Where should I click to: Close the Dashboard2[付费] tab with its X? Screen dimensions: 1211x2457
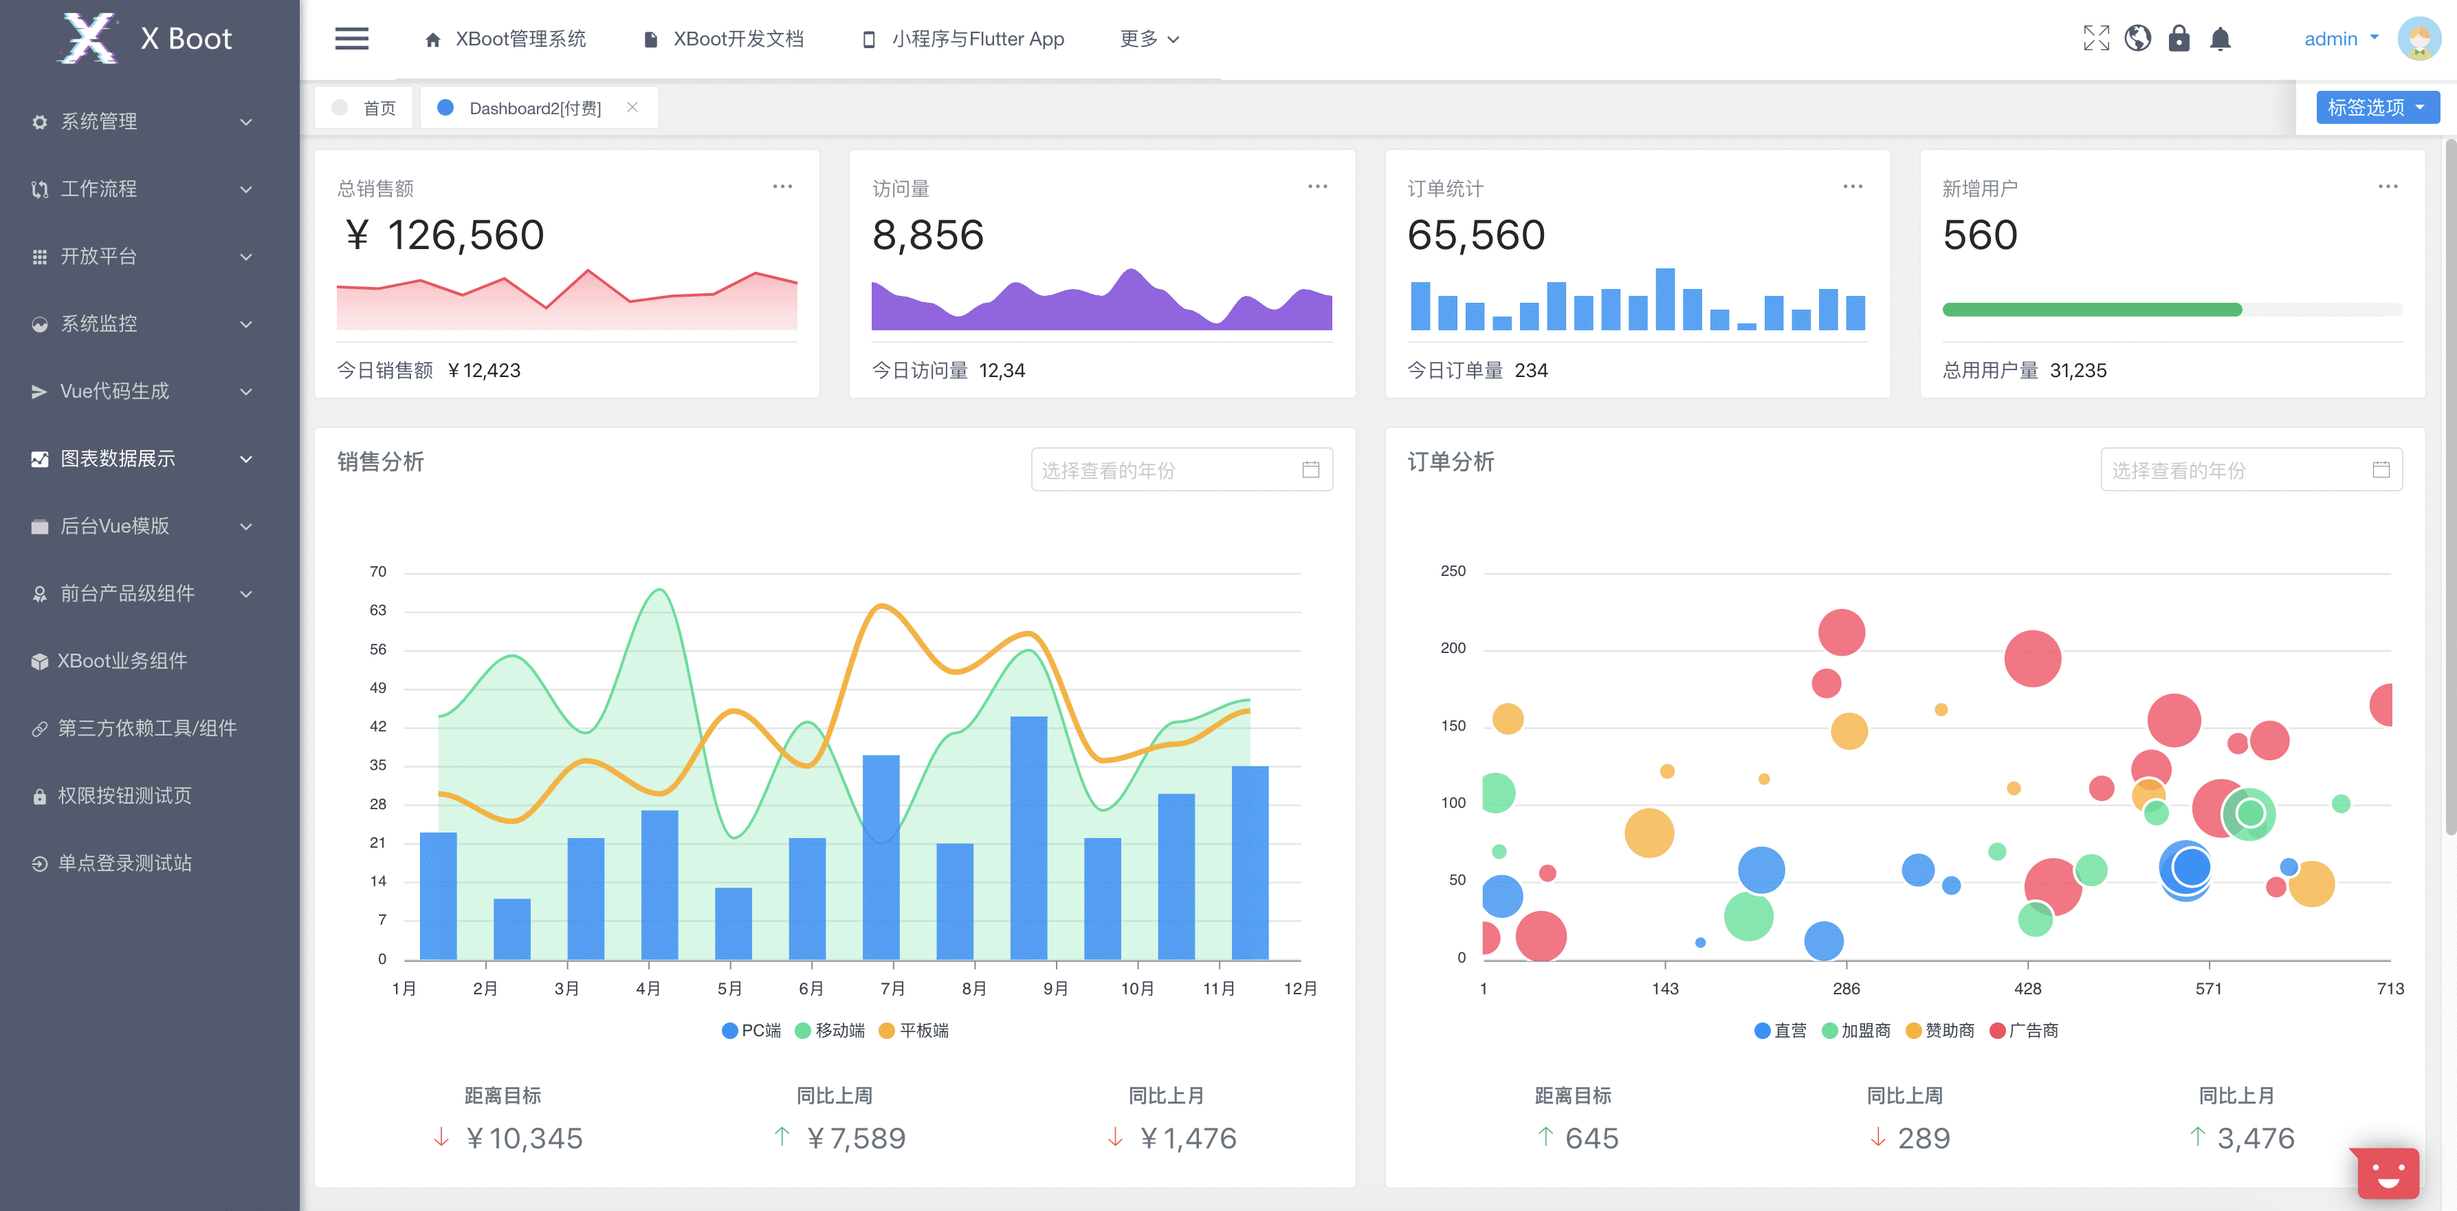[x=632, y=108]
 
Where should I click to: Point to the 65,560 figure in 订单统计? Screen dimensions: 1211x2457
[x=1475, y=235]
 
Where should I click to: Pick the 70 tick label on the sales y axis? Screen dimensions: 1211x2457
[x=377, y=572]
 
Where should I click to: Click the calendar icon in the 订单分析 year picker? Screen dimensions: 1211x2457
[x=2381, y=469]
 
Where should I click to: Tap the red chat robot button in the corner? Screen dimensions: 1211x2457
[x=2388, y=1173]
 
